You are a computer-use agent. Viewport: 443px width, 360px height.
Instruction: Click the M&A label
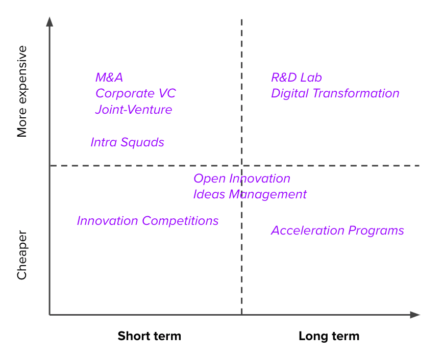point(109,78)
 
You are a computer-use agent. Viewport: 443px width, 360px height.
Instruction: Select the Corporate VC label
point(136,93)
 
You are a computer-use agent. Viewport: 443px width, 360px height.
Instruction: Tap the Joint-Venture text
point(134,110)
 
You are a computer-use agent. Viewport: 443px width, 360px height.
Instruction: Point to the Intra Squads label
point(127,142)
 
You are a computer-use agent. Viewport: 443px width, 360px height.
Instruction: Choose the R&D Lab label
point(297,78)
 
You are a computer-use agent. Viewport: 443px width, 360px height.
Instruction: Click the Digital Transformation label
point(335,93)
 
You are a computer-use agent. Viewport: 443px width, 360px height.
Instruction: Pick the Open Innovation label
point(242,178)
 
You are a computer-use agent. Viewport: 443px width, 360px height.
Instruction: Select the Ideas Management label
point(250,195)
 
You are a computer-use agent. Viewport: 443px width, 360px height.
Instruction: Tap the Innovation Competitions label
point(148,221)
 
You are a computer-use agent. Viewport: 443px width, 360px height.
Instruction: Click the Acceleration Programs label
point(337,230)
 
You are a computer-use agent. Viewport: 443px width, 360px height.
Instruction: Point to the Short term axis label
point(150,336)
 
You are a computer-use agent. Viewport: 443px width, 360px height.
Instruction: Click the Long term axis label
point(329,336)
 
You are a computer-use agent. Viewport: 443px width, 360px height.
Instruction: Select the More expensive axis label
point(22,91)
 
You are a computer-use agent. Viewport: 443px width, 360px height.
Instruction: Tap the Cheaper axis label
point(22,255)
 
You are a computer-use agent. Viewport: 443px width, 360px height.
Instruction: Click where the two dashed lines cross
point(242,165)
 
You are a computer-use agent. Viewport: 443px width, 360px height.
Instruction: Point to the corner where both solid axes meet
point(50,315)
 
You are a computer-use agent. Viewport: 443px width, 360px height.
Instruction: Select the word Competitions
point(180,221)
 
